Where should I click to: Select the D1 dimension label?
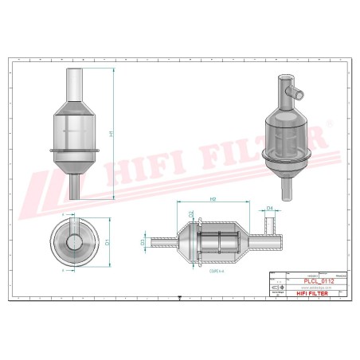point(107,241)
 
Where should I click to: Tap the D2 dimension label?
point(191,214)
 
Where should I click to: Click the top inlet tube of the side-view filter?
point(76,81)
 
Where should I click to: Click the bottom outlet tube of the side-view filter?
point(75,186)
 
